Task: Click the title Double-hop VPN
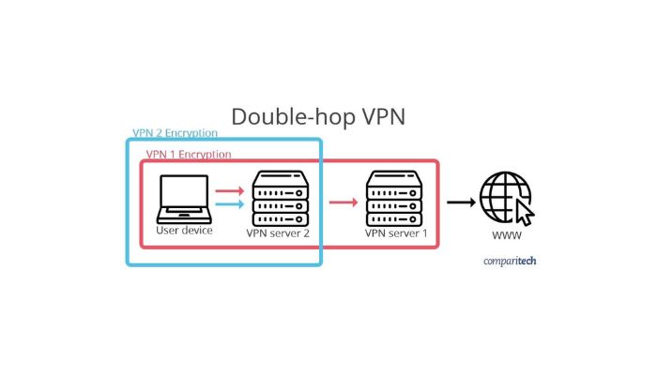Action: click(318, 117)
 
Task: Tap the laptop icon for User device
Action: click(184, 199)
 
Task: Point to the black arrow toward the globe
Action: click(460, 202)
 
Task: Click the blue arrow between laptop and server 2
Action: click(229, 204)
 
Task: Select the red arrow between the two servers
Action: click(344, 202)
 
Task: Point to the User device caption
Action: click(184, 230)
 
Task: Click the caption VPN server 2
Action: click(278, 232)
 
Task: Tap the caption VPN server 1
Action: click(395, 232)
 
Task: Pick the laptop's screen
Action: click(184, 194)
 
